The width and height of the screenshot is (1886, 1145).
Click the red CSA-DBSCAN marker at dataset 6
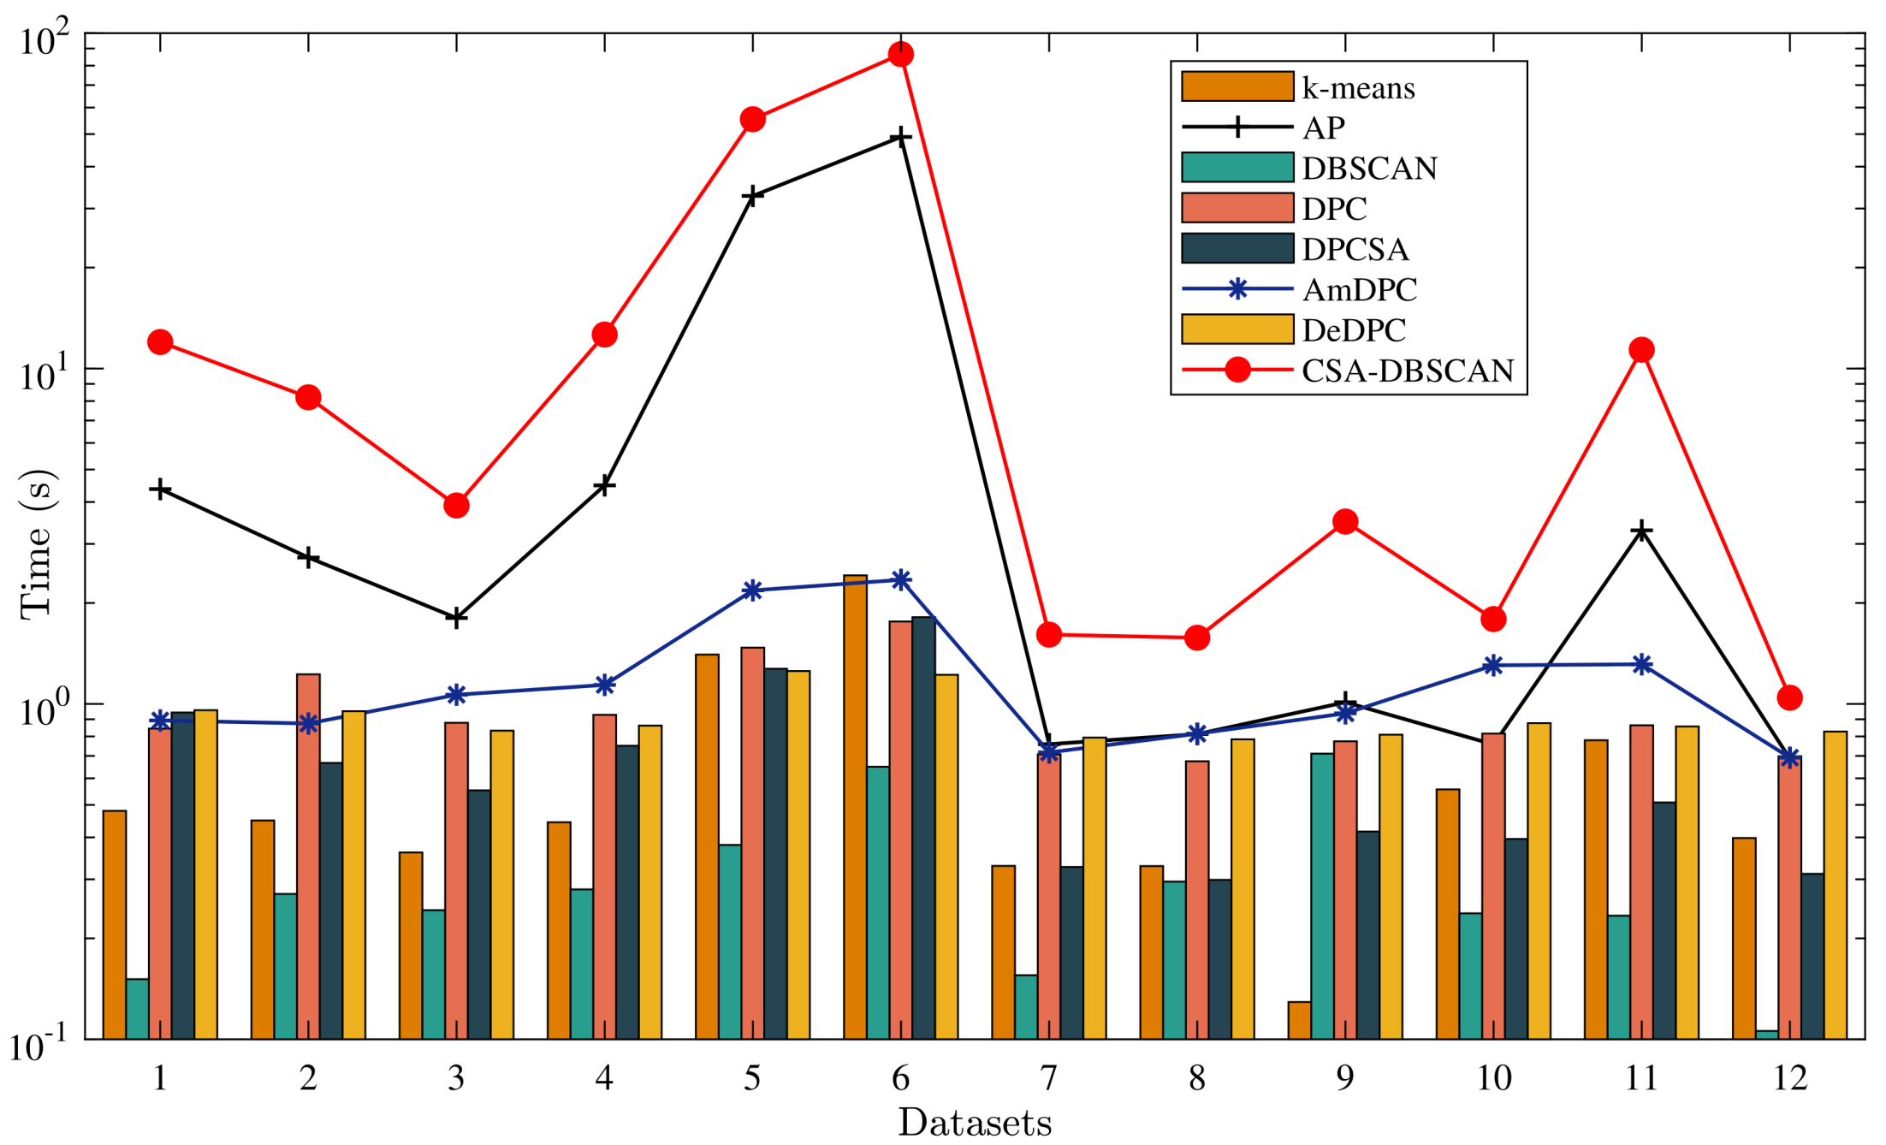click(x=900, y=55)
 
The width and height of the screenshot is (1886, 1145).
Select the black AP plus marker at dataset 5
click(x=752, y=197)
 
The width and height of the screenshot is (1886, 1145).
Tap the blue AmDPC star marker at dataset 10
click(x=1493, y=666)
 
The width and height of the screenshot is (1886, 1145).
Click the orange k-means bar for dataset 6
click(x=855, y=804)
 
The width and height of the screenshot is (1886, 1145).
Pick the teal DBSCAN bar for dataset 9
click(x=1322, y=894)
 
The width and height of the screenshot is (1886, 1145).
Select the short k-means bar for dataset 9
click(x=1299, y=1020)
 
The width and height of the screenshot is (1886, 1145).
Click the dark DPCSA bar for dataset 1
click(x=182, y=873)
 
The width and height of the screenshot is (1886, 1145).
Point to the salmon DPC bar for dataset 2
click(x=308, y=856)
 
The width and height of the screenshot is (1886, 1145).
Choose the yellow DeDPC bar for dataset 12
click(x=1835, y=884)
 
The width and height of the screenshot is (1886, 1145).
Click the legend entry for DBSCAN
click(x=1369, y=169)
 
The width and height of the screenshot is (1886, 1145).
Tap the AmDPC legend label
click(x=1359, y=290)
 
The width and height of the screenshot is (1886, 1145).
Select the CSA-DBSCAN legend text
click(x=1408, y=371)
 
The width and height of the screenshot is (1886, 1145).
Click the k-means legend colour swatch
click(x=1237, y=87)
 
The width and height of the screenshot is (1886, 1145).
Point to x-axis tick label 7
click(x=1048, y=1078)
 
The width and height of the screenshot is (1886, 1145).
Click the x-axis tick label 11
click(x=1641, y=1078)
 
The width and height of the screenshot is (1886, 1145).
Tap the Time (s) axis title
click(x=36, y=544)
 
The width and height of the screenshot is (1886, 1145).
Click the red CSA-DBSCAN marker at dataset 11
click(x=1641, y=350)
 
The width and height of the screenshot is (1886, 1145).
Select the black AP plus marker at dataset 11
click(x=1641, y=531)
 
